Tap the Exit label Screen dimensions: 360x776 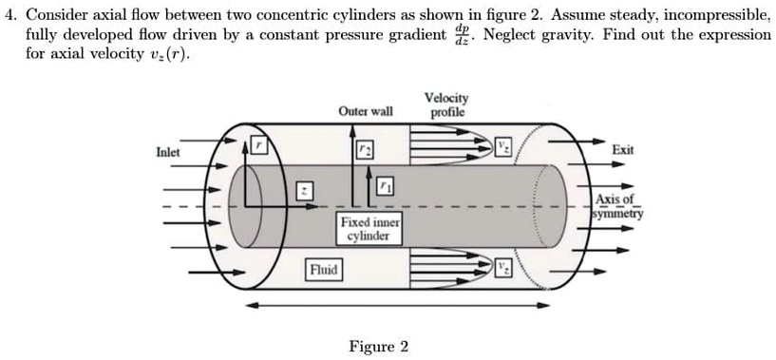(x=623, y=150)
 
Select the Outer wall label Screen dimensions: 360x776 (x=365, y=112)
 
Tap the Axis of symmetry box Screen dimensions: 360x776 (x=616, y=206)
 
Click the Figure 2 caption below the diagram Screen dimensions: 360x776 (x=379, y=346)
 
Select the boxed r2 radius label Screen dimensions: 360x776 (x=365, y=152)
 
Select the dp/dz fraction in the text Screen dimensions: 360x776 (x=464, y=33)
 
